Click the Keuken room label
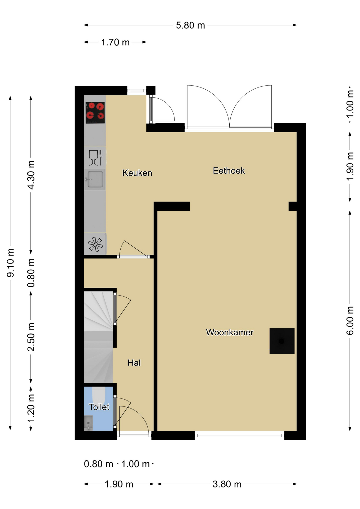click(137, 173)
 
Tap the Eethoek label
click(229, 170)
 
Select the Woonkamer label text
click(230, 332)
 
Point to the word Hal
click(134, 363)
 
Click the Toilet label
click(99, 407)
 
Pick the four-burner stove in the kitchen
click(95, 113)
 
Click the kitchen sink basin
click(95, 179)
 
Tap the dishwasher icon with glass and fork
click(95, 158)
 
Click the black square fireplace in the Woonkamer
click(282, 341)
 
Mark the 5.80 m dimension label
click(190, 25)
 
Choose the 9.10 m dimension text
click(10, 263)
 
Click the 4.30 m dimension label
click(31, 175)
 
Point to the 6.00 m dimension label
click(350, 320)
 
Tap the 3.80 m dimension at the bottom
click(227, 484)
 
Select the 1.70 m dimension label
click(115, 42)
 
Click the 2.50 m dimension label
click(31, 337)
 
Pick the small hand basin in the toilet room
click(88, 423)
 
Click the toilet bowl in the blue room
click(99, 395)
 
